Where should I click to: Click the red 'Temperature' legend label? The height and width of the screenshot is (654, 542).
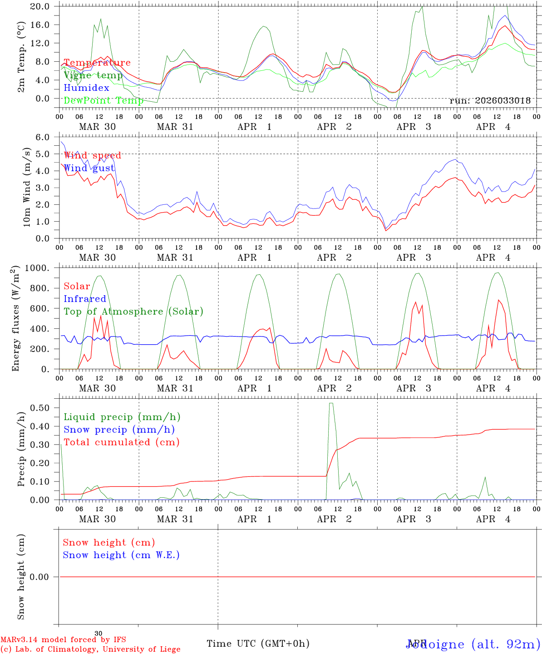click(x=97, y=63)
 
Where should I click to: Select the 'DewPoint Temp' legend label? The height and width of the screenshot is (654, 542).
click(x=103, y=100)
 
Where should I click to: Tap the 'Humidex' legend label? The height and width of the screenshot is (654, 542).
click(x=86, y=88)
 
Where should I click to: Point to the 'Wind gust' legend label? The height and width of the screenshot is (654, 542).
click(x=89, y=168)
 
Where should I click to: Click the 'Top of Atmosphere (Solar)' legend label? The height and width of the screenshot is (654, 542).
click(x=133, y=312)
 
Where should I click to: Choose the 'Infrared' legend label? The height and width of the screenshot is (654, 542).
click(x=84, y=299)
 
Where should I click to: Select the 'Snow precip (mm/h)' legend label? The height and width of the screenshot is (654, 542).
click(x=119, y=430)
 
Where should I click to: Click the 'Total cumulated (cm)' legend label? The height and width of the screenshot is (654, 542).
click(x=121, y=442)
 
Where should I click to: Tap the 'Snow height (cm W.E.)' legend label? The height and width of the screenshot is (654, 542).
click(x=121, y=555)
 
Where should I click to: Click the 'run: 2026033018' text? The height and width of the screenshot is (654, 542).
click(x=490, y=101)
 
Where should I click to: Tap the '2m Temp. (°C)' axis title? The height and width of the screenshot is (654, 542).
click(x=21, y=57)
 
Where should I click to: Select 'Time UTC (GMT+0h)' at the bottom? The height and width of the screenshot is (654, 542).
click(x=258, y=644)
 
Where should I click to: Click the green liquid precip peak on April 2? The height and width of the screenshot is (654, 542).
click(x=331, y=403)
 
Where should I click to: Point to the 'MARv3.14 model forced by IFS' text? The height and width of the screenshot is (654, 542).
click(x=63, y=640)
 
